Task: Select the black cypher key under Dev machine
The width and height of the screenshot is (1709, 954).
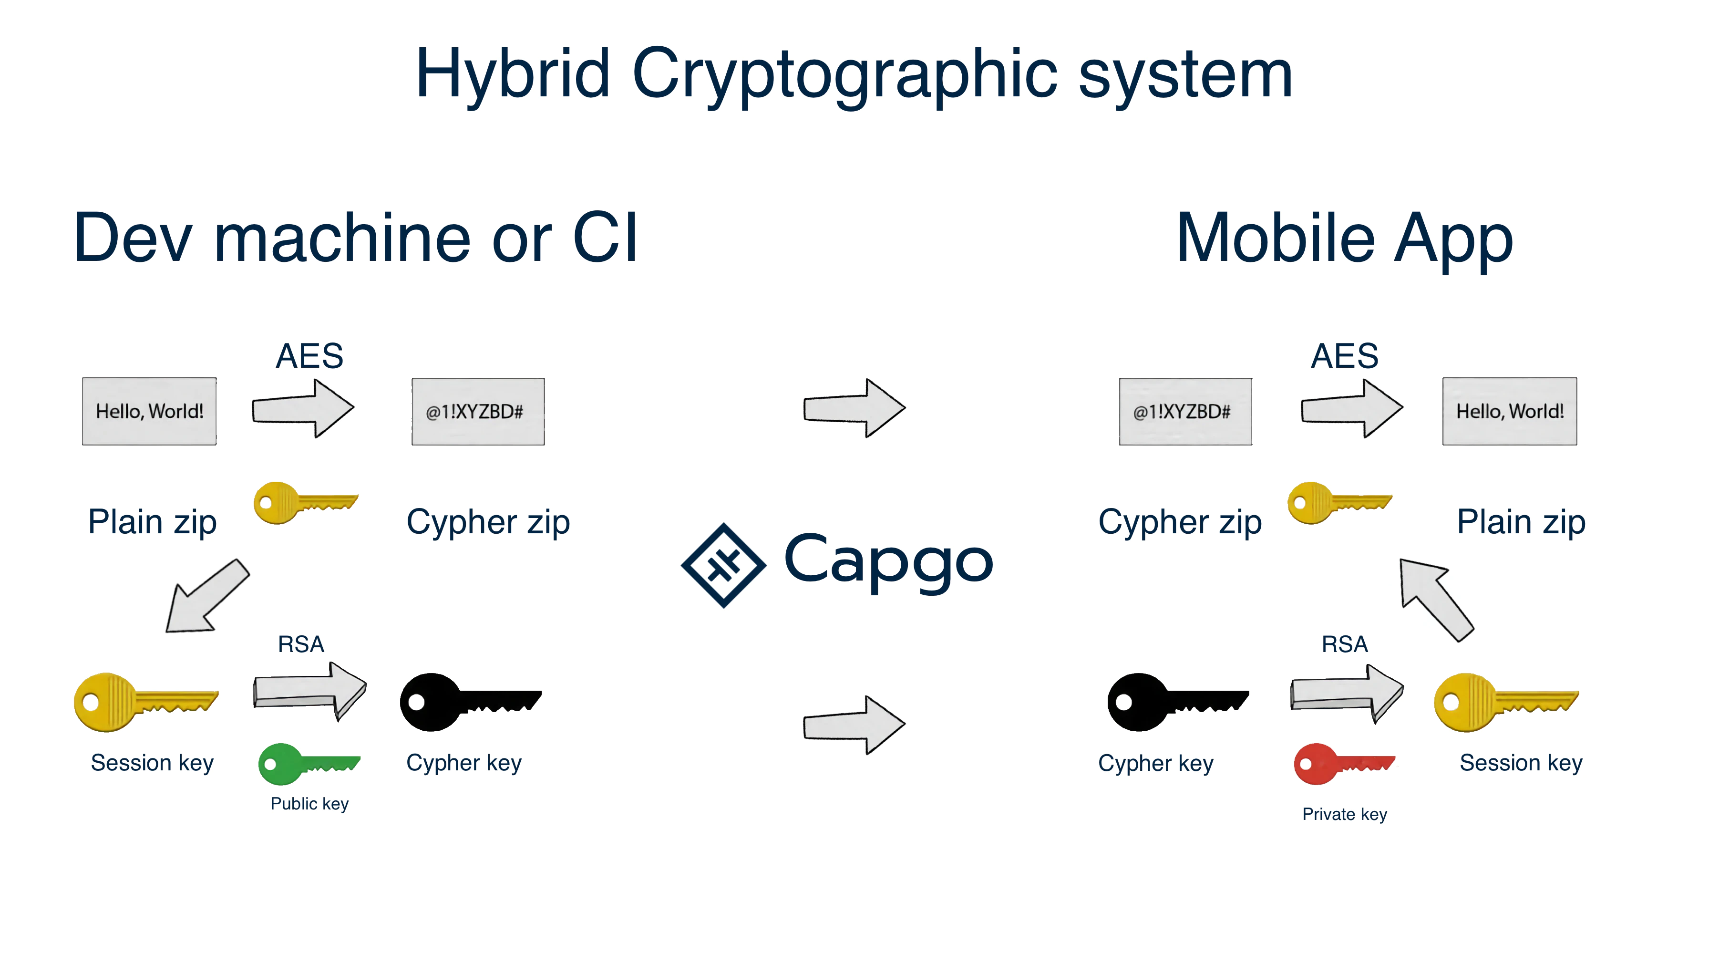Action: click(x=469, y=702)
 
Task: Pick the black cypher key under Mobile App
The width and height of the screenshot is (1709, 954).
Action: click(x=1176, y=702)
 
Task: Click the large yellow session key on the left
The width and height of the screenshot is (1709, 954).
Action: click(x=144, y=702)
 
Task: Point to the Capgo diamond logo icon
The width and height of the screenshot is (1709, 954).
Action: click(x=723, y=565)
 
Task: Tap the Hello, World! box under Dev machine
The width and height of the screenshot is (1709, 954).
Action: click(x=149, y=411)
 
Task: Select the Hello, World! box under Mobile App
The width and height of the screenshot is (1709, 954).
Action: click(x=1509, y=411)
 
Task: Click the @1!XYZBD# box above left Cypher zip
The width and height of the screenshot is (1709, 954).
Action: click(x=478, y=411)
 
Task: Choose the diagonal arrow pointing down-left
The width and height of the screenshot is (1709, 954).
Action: click(x=206, y=596)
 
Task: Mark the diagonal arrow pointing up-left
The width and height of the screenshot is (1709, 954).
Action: click(x=1435, y=598)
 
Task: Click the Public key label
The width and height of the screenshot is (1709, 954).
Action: click(x=309, y=803)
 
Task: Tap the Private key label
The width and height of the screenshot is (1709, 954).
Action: click(x=1344, y=814)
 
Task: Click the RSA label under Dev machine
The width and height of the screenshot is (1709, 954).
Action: click(x=300, y=644)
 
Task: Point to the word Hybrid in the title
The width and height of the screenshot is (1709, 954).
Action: click(x=512, y=74)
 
